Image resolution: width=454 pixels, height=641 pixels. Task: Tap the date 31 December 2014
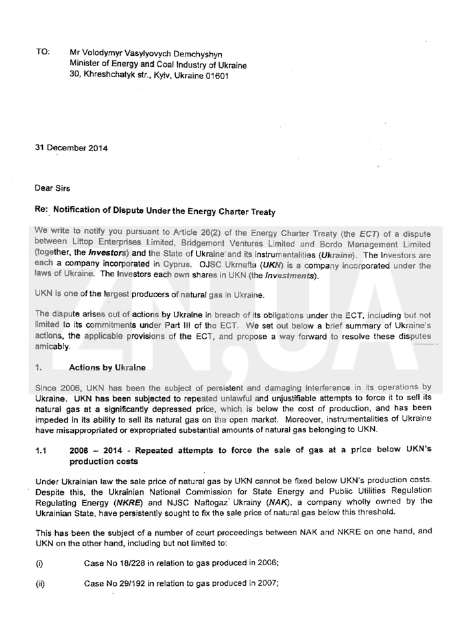(x=71, y=147)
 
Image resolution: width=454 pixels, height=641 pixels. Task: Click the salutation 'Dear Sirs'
(x=53, y=187)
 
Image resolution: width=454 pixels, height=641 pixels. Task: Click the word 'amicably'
(x=53, y=347)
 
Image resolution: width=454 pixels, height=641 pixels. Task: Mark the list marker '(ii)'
(x=40, y=583)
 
